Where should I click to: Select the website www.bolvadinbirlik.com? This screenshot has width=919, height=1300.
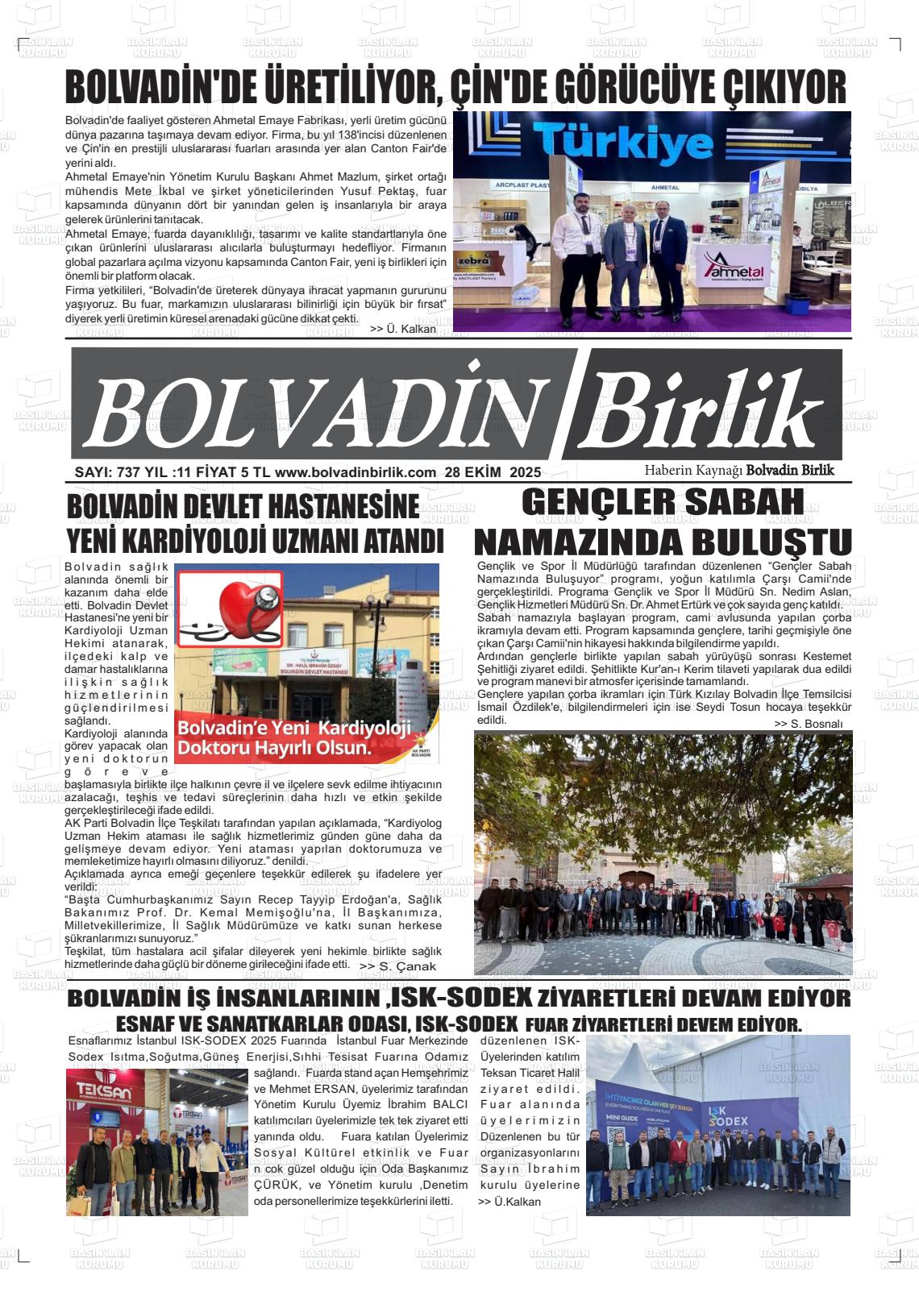(360, 472)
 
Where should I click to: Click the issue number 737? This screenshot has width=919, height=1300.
(128, 472)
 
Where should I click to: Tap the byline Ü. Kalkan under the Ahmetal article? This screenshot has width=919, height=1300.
(403, 329)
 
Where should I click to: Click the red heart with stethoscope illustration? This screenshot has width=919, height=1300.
(230, 608)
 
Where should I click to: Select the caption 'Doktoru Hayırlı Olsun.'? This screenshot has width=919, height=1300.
(274, 747)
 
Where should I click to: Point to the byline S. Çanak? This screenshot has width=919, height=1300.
(397, 966)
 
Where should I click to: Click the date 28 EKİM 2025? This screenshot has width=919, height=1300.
(493, 472)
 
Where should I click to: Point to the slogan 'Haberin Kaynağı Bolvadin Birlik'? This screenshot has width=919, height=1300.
(739, 470)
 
